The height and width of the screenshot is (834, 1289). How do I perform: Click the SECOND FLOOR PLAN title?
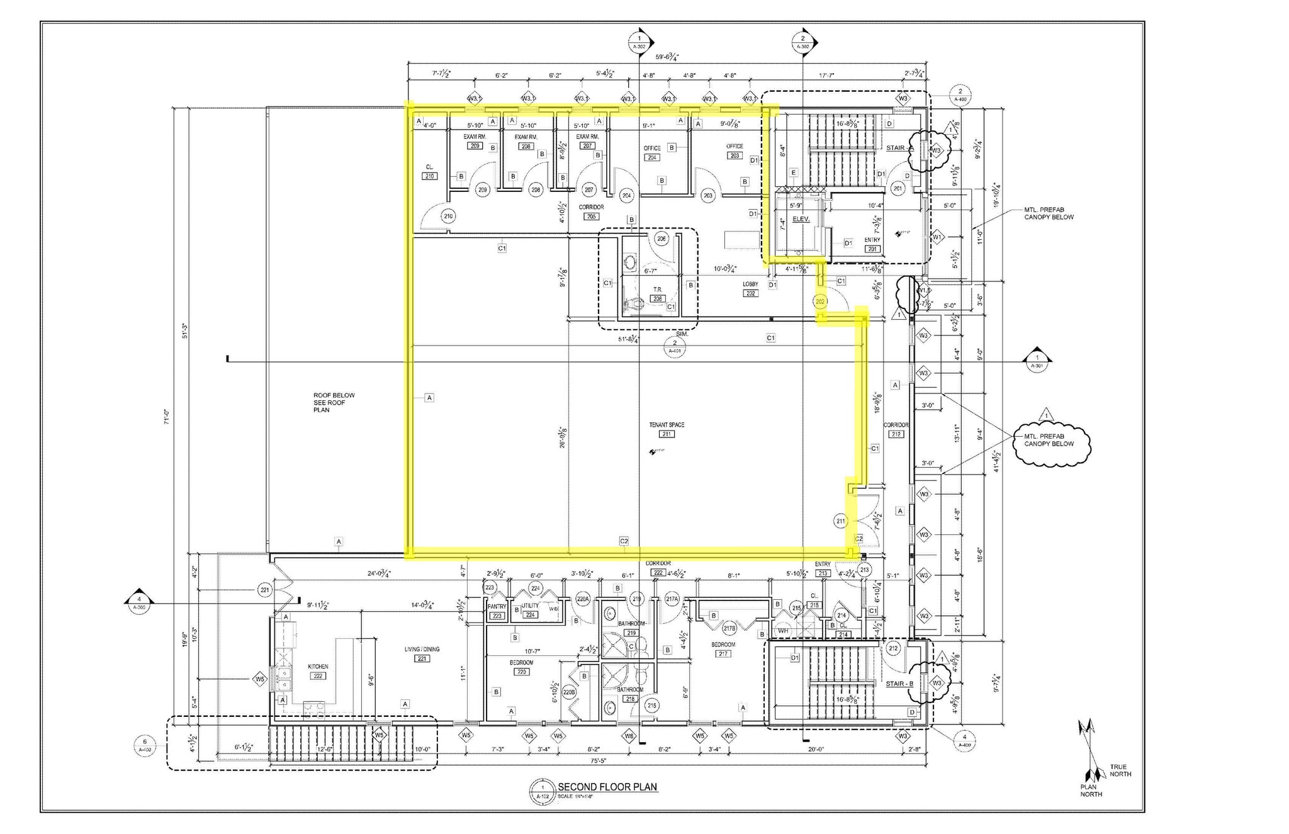pos(607,787)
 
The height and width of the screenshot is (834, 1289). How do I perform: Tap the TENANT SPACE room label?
pos(667,425)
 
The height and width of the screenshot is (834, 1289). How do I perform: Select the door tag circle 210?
pos(448,216)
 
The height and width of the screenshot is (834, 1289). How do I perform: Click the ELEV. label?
pos(801,219)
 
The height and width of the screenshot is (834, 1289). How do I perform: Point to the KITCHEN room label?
pos(318,667)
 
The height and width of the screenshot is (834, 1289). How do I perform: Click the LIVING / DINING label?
pos(422,650)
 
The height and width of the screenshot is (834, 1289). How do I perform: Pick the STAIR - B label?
pos(899,684)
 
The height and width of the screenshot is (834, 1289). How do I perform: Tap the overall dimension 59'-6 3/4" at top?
pos(667,57)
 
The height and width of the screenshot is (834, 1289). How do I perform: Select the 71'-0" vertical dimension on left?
pos(167,417)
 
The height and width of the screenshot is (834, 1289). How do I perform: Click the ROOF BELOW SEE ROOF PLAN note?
pos(334,402)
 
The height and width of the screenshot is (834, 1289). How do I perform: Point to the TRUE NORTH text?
pos(1120,770)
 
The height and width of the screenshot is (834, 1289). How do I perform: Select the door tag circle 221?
pos(265,590)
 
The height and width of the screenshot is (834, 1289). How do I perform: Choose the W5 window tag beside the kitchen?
pos(259,679)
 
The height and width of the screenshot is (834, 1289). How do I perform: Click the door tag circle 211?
pos(841,521)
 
